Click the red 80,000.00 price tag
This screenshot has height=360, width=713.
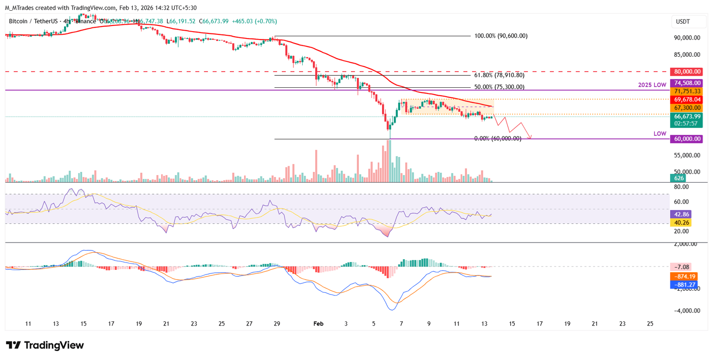686,72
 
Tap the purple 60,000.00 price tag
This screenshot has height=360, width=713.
686,139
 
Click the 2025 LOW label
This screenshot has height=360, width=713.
652,85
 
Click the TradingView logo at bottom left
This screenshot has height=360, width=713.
45,345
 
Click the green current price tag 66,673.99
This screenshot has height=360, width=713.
686,116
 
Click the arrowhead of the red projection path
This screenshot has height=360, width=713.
531,137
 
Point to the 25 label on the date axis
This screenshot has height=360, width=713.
650,323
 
